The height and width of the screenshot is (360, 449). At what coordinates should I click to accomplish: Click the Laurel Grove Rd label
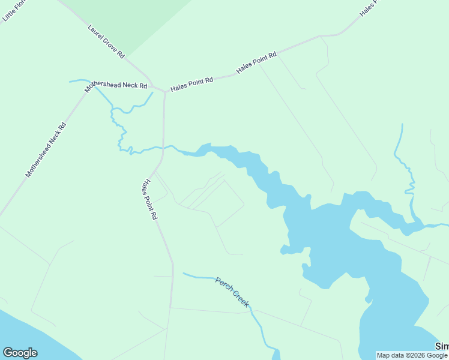coord(106,41)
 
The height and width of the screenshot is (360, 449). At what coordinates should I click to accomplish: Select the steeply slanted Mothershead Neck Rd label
coord(46,149)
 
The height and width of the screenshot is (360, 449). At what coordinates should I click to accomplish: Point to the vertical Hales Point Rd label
coord(149,200)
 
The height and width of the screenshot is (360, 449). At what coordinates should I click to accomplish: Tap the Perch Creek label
coord(232,292)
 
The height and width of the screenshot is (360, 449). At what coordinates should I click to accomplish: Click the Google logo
coord(20,353)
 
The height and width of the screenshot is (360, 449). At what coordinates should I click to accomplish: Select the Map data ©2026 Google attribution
coord(412,355)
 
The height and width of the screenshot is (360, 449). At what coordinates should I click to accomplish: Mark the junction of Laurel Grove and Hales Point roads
coord(164,92)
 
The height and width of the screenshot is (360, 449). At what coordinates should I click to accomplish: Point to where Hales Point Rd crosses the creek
coord(163,147)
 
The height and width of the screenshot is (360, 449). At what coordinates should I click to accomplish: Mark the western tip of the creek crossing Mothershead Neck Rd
coord(70,81)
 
